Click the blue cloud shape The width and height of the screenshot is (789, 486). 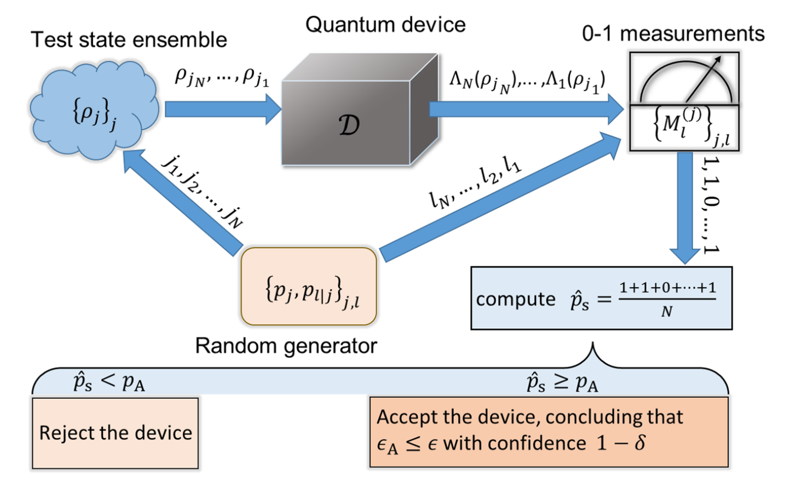93,110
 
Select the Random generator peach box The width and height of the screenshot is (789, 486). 309,287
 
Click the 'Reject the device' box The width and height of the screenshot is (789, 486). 115,433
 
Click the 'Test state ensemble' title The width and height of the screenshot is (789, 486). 129,39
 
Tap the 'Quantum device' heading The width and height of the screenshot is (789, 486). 385,25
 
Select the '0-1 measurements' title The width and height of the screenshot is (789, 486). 673,34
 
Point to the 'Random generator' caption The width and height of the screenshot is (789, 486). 286,346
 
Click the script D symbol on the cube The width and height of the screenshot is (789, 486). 349,124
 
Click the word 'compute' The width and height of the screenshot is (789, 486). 515,299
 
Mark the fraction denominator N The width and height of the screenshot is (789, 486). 666,312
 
